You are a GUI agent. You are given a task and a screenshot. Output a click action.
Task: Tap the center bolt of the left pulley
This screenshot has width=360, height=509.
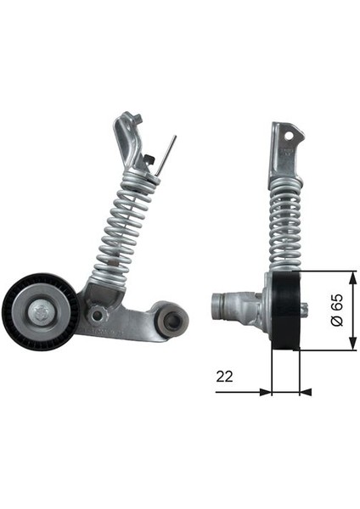coord(40,311)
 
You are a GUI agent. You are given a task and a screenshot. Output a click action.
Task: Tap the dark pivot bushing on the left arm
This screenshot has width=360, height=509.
coord(174,322)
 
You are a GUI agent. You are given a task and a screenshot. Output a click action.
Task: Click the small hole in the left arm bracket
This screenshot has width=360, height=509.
coord(99,316)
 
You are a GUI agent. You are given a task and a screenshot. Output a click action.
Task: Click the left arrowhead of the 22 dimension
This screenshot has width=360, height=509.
coord(265,392)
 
